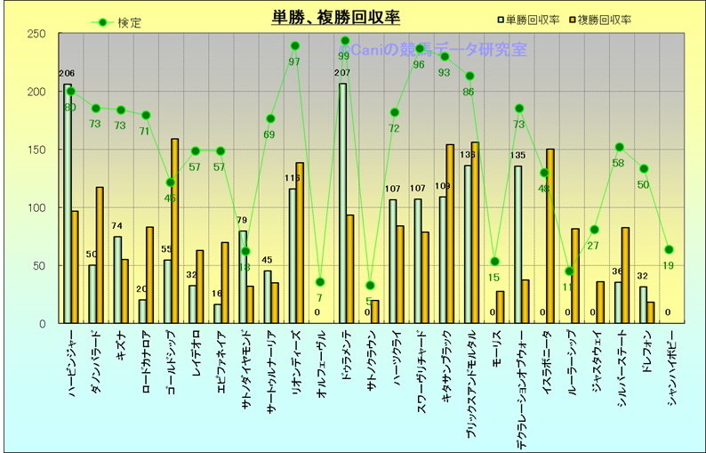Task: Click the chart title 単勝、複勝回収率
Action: (336, 17)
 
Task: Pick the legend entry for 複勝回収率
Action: (605, 19)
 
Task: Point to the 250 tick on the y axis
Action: (37, 34)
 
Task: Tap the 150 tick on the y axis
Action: (37, 150)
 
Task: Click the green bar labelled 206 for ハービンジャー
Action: (68, 204)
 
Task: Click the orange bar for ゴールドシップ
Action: (174, 231)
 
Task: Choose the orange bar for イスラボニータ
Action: (550, 236)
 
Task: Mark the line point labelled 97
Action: (295, 46)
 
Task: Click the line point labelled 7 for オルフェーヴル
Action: (320, 282)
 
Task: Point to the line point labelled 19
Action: (670, 250)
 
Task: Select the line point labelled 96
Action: (420, 49)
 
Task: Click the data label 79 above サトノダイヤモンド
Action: (242, 221)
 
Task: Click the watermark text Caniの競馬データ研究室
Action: (436, 49)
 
